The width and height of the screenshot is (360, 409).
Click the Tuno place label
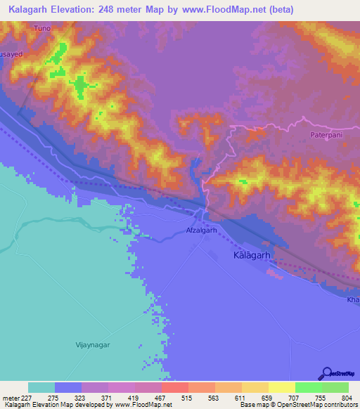[43, 29]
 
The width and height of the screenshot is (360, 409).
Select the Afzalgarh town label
[202, 230]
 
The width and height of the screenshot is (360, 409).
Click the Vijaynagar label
[93, 344]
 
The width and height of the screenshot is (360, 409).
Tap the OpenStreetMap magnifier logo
[327, 373]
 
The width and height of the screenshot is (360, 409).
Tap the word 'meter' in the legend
[12, 398]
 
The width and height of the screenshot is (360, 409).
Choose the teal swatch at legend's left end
[41, 387]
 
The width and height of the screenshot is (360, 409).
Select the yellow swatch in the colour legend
[281, 387]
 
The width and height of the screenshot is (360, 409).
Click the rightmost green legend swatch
[335, 387]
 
